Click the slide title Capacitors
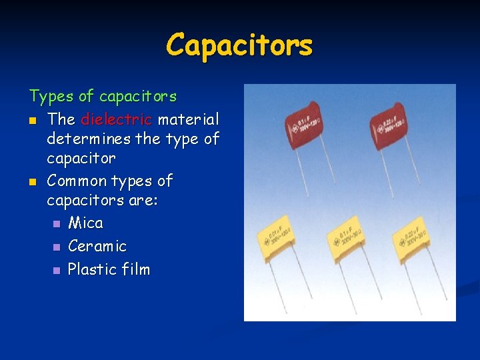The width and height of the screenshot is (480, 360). coord(239,45)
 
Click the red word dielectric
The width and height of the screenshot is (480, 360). coord(117,120)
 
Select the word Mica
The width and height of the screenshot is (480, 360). coord(85,223)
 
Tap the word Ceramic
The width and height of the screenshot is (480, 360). coord(97,246)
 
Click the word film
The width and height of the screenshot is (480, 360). coord(135,269)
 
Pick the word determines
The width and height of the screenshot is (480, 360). coord(87,139)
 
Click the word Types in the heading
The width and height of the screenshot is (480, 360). coord(51,97)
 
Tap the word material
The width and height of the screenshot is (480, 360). coord(188,120)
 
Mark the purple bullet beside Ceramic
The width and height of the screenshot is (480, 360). coord(57,247)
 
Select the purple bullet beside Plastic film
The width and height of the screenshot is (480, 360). coord(57,271)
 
